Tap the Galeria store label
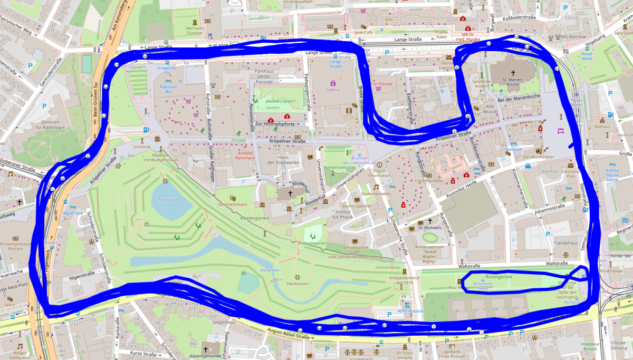333,90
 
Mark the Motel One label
73,214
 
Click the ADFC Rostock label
411,311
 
